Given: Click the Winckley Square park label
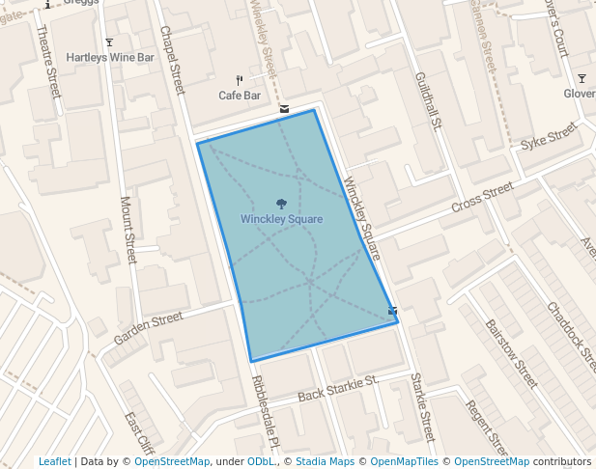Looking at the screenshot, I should [281, 219].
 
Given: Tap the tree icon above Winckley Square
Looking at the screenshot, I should [281, 204].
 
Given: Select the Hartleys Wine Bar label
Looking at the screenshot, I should [110, 58].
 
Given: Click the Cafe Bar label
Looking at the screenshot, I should [240, 96].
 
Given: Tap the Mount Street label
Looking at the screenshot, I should [127, 230].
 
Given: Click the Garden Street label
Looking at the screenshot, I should [148, 328].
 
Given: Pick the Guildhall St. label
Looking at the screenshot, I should [428, 99].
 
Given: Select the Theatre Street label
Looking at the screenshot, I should [47, 60].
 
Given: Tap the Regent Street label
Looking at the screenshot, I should [486, 428].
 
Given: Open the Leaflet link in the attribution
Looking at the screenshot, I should [54, 461].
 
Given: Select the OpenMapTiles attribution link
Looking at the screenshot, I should [404, 461].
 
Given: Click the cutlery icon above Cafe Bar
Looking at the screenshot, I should [240, 80].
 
